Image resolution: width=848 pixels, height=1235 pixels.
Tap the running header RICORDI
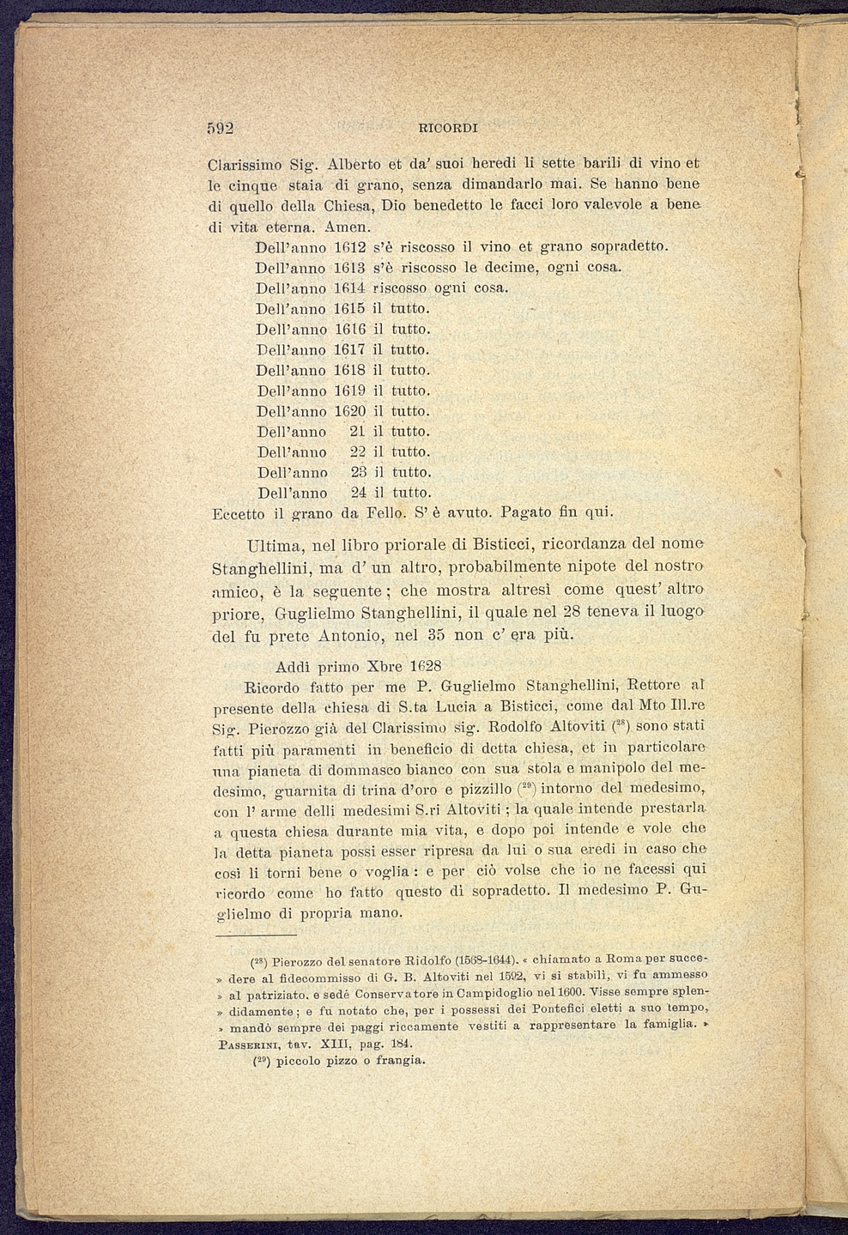click(447, 129)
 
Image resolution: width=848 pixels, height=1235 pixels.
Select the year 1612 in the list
click(350, 247)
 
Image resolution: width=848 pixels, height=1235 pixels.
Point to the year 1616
click(350, 329)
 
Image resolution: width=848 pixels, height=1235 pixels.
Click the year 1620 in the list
click(350, 411)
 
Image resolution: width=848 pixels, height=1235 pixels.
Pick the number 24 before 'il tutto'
click(359, 493)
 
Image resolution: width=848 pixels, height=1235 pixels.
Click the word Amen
click(348, 227)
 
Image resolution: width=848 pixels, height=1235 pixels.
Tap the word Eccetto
click(238, 514)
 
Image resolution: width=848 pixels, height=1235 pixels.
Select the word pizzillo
click(483, 788)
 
